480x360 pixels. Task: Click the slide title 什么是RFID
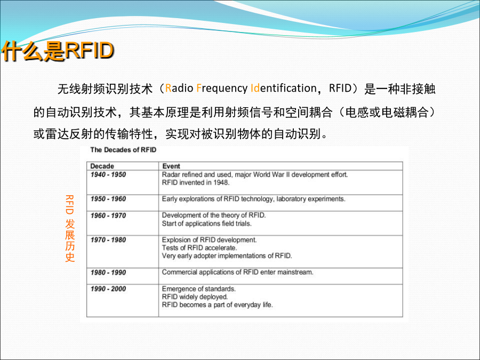click(x=58, y=51)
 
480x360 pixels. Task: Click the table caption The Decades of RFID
click(x=123, y=150)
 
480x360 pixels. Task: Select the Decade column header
click(x=102, y=166)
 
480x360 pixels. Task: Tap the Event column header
click(x=171, y=166)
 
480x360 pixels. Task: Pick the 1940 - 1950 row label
click(x=108, y=174)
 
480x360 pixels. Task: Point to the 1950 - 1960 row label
click(x=108, y=199)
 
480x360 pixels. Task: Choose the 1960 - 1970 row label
click(x=108, y=215)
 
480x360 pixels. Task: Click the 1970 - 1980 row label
click(x=108, y=239)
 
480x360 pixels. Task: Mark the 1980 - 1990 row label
click(x=108, y=273)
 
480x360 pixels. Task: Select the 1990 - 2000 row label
click(x=108, y=289)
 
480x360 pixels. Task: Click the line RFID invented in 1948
click(x=196, y=182)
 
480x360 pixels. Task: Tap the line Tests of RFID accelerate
click(x=199, y=247)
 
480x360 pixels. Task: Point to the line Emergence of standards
click(x=199, y=289)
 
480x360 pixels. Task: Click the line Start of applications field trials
click(x=206, y=223)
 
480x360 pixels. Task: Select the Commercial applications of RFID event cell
click(x=237, y=272)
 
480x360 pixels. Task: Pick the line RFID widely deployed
click(x=195, y=297)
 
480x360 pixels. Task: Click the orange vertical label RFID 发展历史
click(x=70, y=228)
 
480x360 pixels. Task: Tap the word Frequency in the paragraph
click(x=222, y=89)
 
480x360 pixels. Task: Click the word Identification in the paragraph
click(x=284, y=88)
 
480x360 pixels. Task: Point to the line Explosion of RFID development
click(x=209, y=239)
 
